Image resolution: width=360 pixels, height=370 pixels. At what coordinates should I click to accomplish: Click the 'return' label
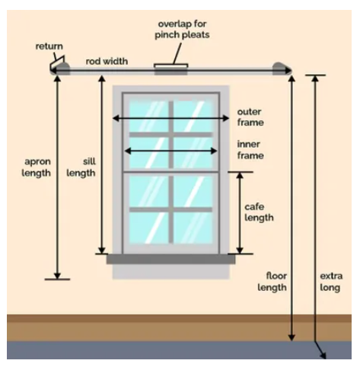[49, 46]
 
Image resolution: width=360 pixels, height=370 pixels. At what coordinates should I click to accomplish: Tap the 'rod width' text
[107, 61]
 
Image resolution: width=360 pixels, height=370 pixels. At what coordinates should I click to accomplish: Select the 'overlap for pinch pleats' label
[182, 29]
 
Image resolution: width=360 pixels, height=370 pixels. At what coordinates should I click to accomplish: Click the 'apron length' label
[37, 167]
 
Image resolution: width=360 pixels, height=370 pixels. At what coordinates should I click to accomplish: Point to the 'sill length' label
[81, 167]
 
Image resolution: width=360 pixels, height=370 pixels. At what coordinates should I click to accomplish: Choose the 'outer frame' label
[250, 117]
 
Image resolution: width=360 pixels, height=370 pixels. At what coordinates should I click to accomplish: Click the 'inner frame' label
[250, 150]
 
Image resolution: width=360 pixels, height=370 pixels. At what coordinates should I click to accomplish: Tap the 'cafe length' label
[259, 212]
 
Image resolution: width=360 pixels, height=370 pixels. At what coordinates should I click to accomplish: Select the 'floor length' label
[272, 282]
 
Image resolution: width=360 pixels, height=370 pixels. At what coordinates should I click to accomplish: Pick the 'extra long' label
[331, 282]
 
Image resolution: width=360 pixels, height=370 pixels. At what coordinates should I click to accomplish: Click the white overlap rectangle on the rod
[171, 66]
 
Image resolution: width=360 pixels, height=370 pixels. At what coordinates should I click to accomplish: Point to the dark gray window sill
[170, 259]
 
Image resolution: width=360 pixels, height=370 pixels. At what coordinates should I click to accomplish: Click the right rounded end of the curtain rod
[279, 68]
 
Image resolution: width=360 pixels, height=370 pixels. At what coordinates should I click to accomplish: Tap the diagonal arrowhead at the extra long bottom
[323, 355]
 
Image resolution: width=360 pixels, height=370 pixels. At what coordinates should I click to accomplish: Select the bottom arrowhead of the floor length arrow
[292, 337]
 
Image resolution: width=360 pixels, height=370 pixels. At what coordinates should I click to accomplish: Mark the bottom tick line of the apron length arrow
[57, 279]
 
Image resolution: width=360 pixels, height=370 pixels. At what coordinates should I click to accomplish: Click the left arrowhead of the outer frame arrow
[116, 118]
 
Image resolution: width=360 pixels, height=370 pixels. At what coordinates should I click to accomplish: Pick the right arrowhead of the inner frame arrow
[214, 151]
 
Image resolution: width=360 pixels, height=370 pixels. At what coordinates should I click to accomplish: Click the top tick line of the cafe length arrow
[241, 172]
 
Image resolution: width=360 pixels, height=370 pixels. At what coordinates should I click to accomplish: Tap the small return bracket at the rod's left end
[57, 62]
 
